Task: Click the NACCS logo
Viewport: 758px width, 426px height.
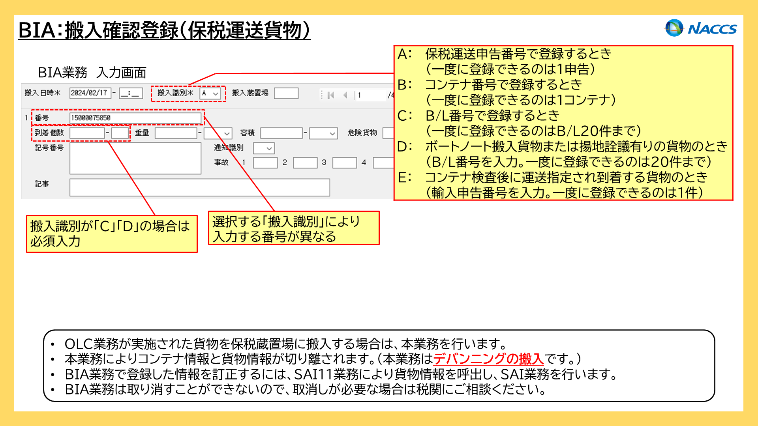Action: point(701,28)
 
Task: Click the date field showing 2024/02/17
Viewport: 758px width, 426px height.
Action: point(90,93)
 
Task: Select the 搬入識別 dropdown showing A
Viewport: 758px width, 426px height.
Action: point(210,93)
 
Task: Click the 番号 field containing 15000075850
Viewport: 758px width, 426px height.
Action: point(135,118)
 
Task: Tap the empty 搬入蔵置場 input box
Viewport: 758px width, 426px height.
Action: point(286,93)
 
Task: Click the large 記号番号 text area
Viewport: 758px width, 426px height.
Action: point(135,158)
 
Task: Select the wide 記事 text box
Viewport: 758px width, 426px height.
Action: point(200,187)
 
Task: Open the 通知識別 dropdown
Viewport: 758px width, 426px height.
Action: point(264,148)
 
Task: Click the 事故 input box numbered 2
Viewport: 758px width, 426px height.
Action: point(305,163)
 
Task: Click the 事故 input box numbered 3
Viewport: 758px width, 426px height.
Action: point(345,163)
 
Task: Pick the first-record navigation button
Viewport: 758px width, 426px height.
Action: point(331,95)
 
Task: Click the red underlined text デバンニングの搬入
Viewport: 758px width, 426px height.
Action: point(488,359)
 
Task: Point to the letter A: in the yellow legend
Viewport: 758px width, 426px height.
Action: point(405,54)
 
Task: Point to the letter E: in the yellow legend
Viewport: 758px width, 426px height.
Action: point(405,177)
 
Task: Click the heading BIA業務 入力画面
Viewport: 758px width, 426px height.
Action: point(92,73)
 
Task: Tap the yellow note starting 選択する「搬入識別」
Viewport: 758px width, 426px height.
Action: point(294,228)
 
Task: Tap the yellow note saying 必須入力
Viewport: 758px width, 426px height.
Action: point(112,234)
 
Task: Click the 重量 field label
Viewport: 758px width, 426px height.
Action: point(142,133)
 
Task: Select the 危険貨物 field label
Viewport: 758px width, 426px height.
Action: point(362,133)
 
